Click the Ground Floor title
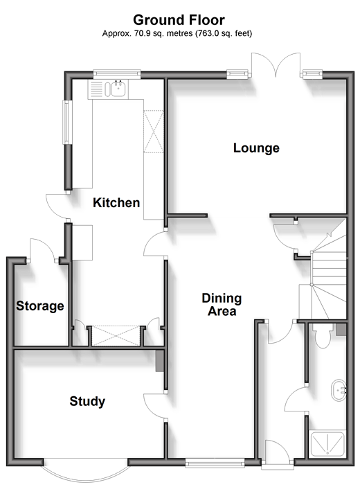[x=179, y=20]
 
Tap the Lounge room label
[x=256, y=148]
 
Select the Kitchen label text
[x=116, y=203]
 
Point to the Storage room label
[x=40, y=306]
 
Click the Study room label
[x=87, y=401]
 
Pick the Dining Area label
[x=222, y=305]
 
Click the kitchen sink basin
[x=118, y=89]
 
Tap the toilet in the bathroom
[x=323, y=336]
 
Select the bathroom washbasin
[x=339, y=390]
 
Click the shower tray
[x=327, y=443]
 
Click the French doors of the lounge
[x=276, y=65]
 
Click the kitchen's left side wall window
[x=66, y=122]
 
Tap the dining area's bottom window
[x=215, y=463]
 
